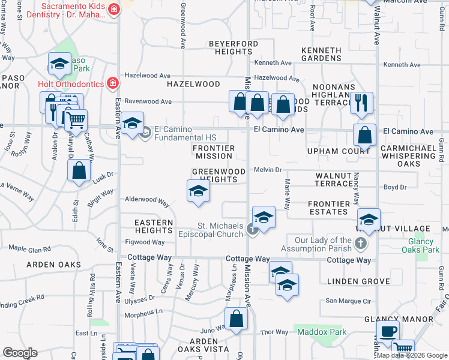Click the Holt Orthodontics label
70,83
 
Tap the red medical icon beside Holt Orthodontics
111,83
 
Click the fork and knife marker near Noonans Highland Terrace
361,103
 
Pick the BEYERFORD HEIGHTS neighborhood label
234,48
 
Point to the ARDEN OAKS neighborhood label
53,265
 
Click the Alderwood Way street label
147,200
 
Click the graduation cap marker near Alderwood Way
199,192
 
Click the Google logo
20,353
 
